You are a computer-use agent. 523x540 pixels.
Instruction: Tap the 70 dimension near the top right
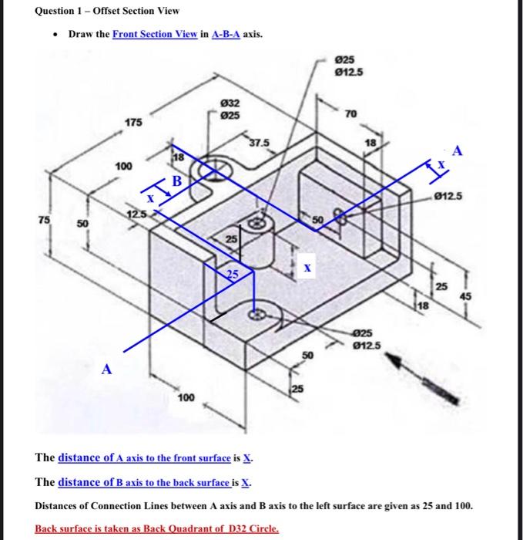coord(351,114)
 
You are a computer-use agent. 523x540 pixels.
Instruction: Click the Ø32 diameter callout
coord(230,103)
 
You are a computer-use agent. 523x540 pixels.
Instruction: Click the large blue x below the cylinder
coord(307,268)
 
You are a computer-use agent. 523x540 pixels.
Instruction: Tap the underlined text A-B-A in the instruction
coord(225,35)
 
